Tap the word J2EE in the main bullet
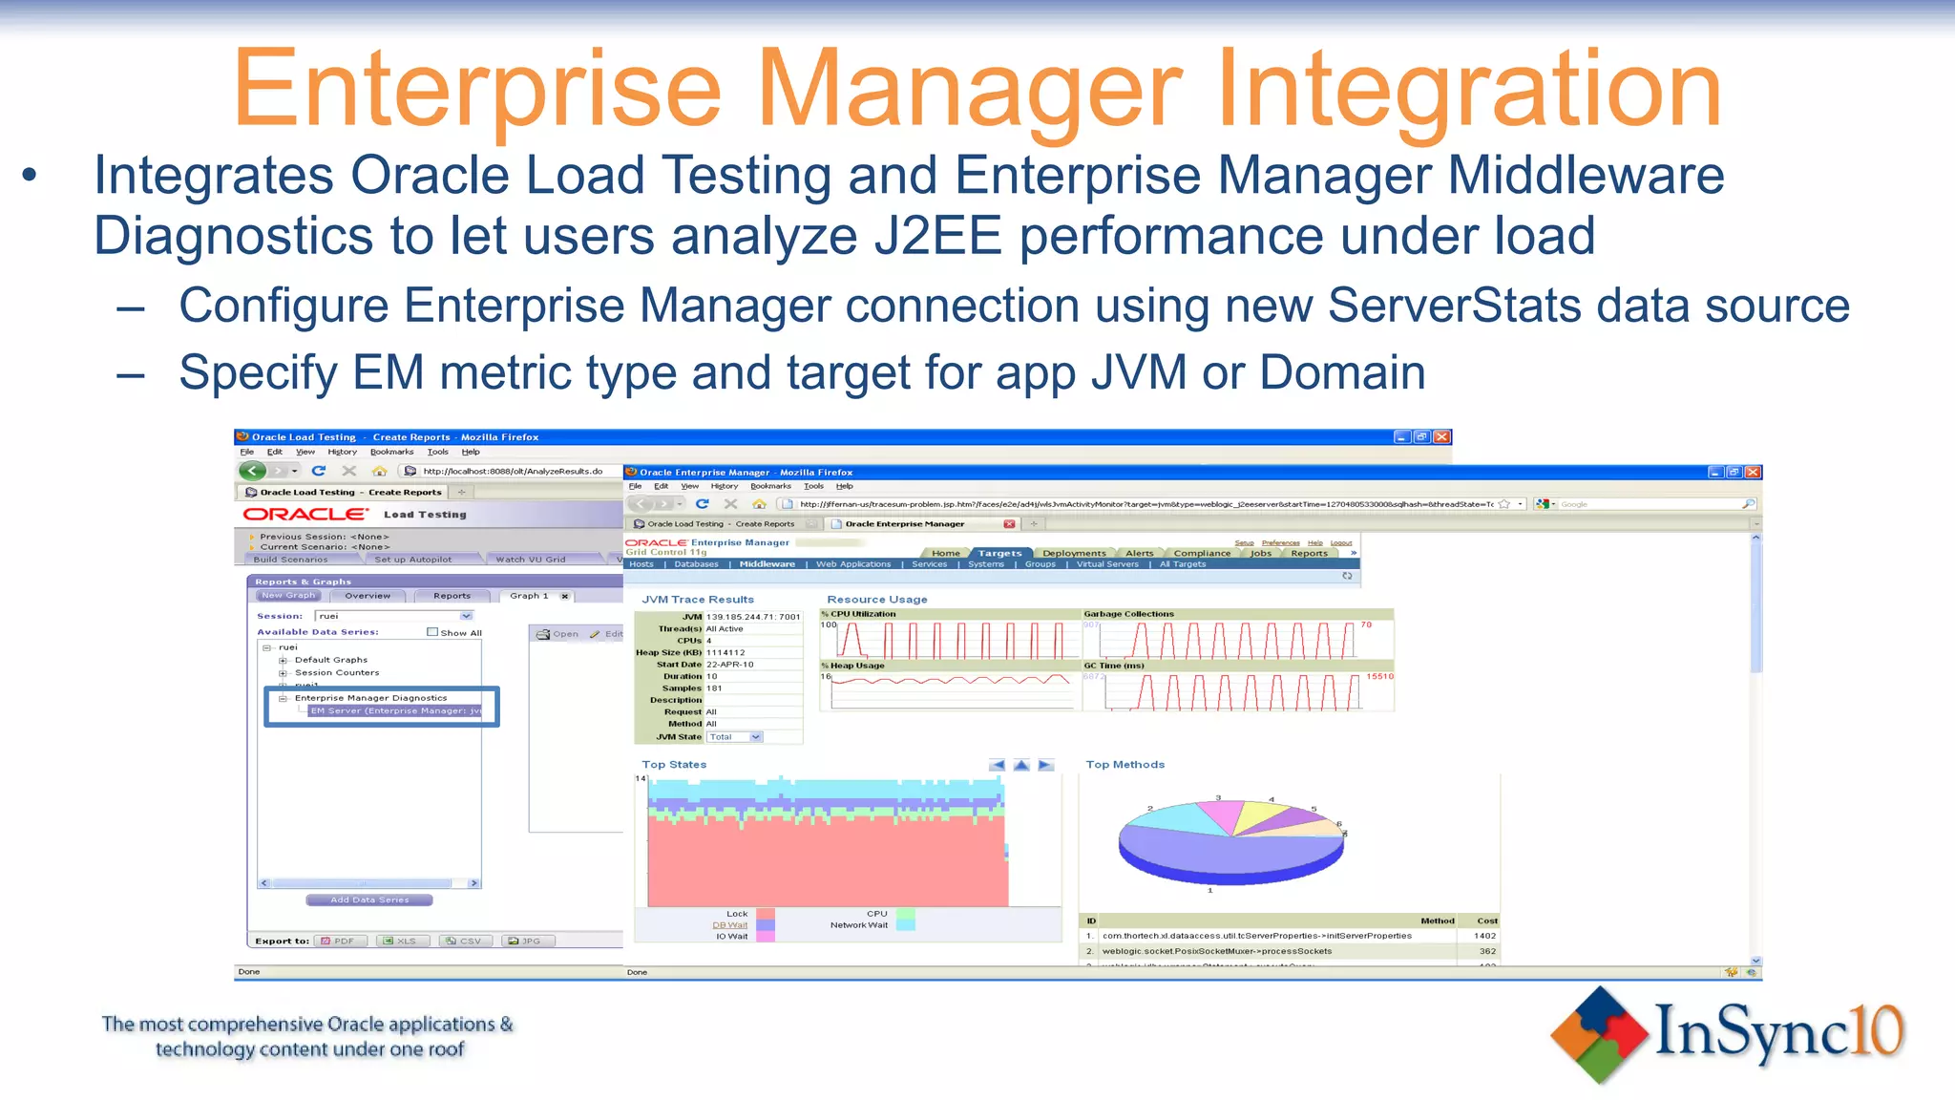(937, 237)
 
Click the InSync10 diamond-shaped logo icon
(1599, 1034)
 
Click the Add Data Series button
(368, 899)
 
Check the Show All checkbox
(432, 632)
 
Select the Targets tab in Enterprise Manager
(999, 553)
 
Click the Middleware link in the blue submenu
(767, 564)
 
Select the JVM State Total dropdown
(734, 737)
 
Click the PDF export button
(338, 941)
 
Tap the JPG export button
(524, 941)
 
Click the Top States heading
(674, 765)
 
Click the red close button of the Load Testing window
(1442, 436)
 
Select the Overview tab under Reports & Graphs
(368, 596)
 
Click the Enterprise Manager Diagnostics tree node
(370, 698)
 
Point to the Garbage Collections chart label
(1128, 614)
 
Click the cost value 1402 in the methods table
(1484, 936)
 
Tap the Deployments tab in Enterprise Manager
(1074, 553)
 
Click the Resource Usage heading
(876, 600)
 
